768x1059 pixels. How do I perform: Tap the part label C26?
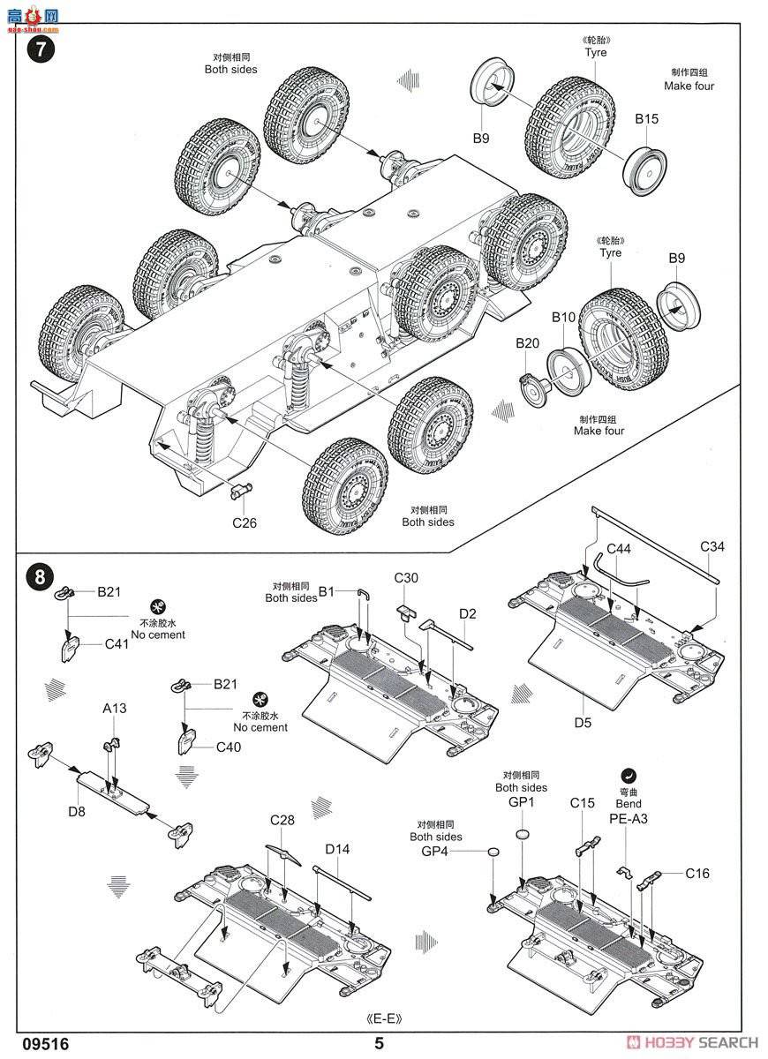point(245,522)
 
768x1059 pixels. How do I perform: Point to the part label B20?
point(527,343)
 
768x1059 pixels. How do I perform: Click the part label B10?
point(563,317)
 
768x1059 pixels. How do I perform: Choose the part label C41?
point(117,644)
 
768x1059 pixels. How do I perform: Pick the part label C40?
point(229,747)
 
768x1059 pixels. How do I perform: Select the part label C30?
point(406,578)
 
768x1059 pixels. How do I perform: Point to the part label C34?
point(712,547)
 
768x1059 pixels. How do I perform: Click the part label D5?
point(583,723)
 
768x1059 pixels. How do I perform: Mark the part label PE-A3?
point(629,819)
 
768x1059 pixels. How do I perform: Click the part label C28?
point(282,821)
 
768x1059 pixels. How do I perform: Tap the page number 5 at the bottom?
point(380,1043)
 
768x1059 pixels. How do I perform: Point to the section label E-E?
point(384,1018)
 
